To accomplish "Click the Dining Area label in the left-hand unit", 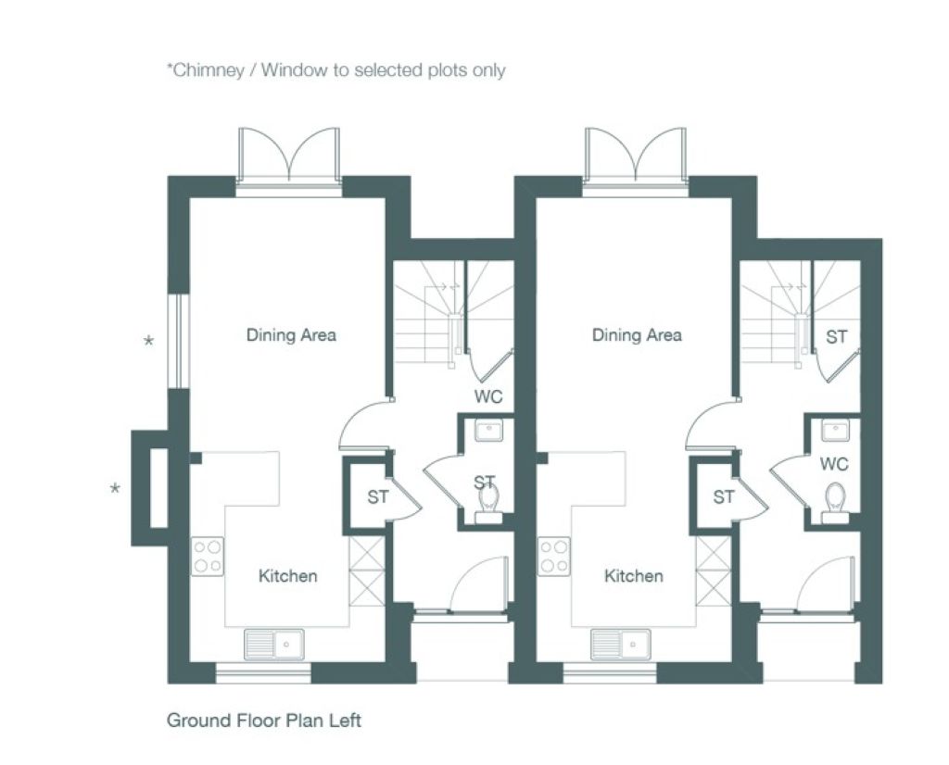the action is click(x=291, y=335).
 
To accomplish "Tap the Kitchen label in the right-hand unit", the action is click(x=634, y=576).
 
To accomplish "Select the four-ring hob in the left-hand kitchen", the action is click(x=208, y=557).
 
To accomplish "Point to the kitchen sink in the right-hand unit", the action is click(x=620, y=645).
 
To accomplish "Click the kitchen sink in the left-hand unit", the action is click(x=274, y=645).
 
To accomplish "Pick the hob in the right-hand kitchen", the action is click(x=554, y=557).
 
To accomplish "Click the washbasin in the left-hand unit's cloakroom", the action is click(x=489, y=432).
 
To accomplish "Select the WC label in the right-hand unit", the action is click(x=834, y=464).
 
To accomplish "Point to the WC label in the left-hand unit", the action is click(x=488, y=396).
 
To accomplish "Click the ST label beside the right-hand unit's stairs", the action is click(x=837, y=337).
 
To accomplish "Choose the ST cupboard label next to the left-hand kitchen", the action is click(x=378, y=497).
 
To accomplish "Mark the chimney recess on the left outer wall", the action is click(x=158, y=488).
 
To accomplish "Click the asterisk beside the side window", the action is click(x=148, y=341).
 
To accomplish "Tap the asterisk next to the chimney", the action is click(x=115, y=489).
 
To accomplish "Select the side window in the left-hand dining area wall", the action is click(x=179, y=341).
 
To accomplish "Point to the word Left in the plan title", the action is click(x=345, y=721).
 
